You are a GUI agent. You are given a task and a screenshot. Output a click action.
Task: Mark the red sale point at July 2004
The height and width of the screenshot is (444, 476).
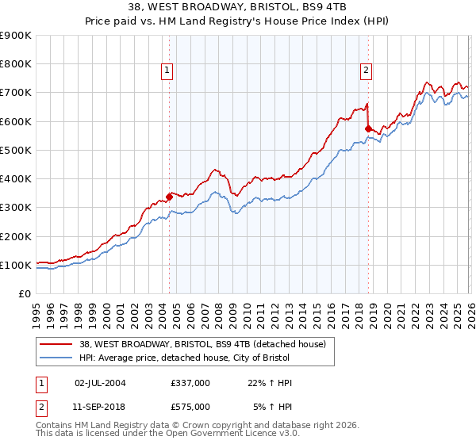169,197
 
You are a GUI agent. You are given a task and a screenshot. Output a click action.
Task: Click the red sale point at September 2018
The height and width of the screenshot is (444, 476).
367,128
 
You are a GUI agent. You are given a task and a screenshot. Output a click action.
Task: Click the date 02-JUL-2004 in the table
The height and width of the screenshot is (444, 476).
100,383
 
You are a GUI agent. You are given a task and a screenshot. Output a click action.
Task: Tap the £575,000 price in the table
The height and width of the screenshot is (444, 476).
190,407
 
